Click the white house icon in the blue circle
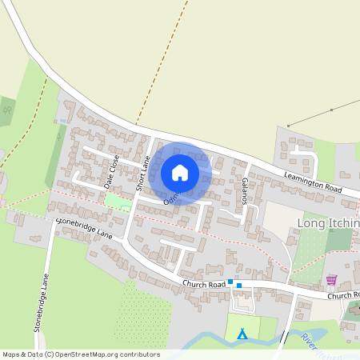coord(180,173)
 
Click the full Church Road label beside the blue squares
coord(203,284)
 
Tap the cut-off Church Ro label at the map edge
coord(342,295)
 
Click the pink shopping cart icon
coord(331,280)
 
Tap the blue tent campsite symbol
coord(243,334)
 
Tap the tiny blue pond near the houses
coord(62,121)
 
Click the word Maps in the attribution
coord(11,354)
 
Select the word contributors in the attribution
coord(137,354)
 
